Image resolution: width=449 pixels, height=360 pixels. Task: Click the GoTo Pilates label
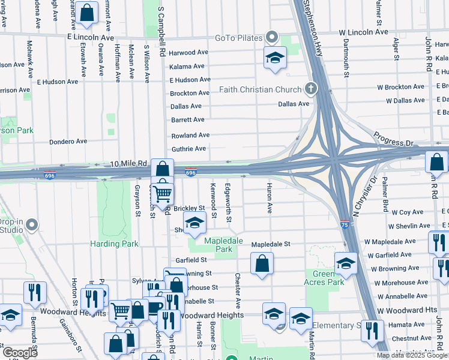[x=239, y=38]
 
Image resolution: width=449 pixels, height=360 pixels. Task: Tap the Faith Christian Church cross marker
[x=310, y=89]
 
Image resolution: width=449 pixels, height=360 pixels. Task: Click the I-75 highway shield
[x=345, y=223]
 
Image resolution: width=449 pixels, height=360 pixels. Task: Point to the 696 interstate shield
[x=190, y=173]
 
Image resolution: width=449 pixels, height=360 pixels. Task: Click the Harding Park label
[x=114, y=244]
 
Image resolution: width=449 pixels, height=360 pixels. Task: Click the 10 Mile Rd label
[x=129, y=163]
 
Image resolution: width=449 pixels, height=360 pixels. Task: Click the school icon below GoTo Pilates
[x=275, y=58]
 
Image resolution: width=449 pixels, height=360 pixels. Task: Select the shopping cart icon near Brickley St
[x=162, y=193]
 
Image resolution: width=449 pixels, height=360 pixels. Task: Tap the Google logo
[x=20, y=353]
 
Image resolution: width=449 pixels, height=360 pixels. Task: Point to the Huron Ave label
[x=270, y=199]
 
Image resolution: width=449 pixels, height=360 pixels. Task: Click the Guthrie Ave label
[x=188, y=148]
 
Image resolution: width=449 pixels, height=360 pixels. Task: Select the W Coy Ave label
[x=408, y=212]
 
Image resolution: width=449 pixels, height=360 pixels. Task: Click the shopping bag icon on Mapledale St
[x=262, y=263]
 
